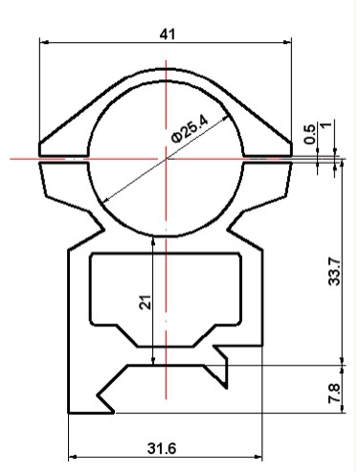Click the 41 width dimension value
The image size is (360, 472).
168,34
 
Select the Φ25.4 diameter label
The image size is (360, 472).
191,129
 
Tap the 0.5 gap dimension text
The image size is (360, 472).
309,134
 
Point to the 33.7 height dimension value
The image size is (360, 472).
335,271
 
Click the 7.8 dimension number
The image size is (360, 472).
334,393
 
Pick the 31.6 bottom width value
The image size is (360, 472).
162,448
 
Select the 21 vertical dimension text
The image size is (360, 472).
146,302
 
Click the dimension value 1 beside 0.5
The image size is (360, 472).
326,124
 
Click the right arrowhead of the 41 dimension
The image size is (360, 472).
287,42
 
